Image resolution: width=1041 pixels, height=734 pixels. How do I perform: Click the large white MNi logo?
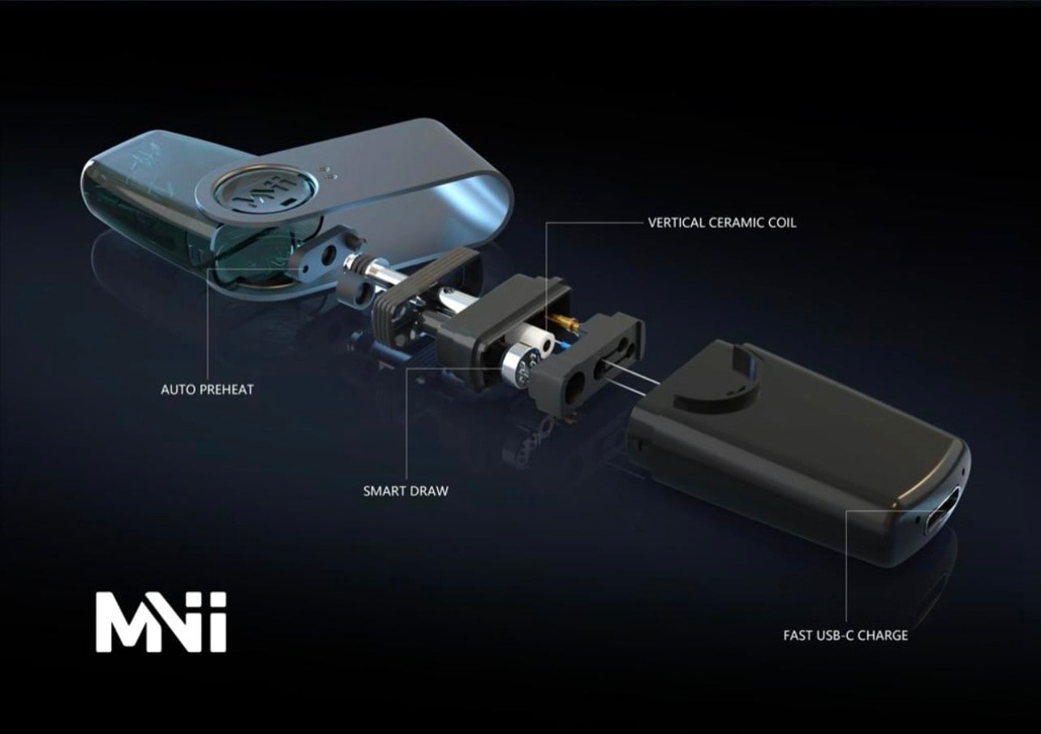coord(161,622)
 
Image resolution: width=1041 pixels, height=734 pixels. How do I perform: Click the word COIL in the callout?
coord(783,222)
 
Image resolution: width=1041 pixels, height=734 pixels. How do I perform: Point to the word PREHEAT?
coord(227,389)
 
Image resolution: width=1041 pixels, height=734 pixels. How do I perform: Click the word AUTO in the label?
coord(178,389)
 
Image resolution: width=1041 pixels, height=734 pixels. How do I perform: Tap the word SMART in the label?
coord(384,491)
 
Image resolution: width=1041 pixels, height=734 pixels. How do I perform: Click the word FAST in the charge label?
coord(798,636)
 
